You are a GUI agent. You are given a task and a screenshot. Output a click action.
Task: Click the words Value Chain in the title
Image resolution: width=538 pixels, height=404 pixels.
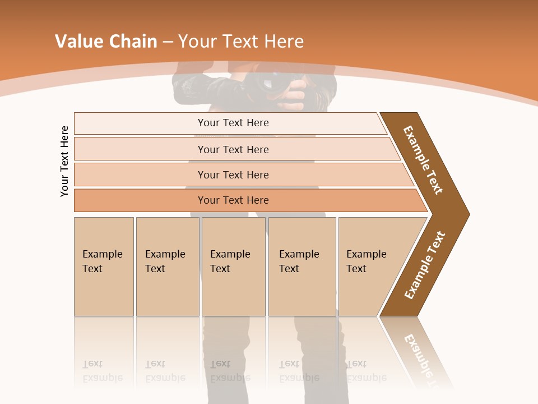tap(106, 42)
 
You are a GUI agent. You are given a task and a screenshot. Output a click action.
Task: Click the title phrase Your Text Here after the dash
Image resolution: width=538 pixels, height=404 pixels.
tap(241, 42)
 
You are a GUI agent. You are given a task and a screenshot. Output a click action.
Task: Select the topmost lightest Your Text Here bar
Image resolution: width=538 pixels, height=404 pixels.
tap(233, 123)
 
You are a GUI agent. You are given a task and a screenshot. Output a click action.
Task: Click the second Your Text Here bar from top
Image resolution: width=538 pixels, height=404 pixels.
tap(233, 149)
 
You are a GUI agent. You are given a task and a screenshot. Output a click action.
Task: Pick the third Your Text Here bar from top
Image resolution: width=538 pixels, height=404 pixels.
tap(233, 175)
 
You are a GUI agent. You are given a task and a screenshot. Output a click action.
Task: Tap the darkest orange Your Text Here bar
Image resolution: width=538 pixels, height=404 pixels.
tap(233, 200)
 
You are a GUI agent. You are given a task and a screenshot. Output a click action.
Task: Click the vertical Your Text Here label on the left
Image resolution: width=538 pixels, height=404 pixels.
tap(64, 161)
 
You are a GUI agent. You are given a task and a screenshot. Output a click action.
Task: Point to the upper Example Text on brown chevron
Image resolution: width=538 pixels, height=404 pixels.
tap(423, 160)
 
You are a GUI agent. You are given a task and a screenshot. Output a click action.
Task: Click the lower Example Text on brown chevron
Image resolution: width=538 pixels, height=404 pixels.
tap(425, 265)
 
